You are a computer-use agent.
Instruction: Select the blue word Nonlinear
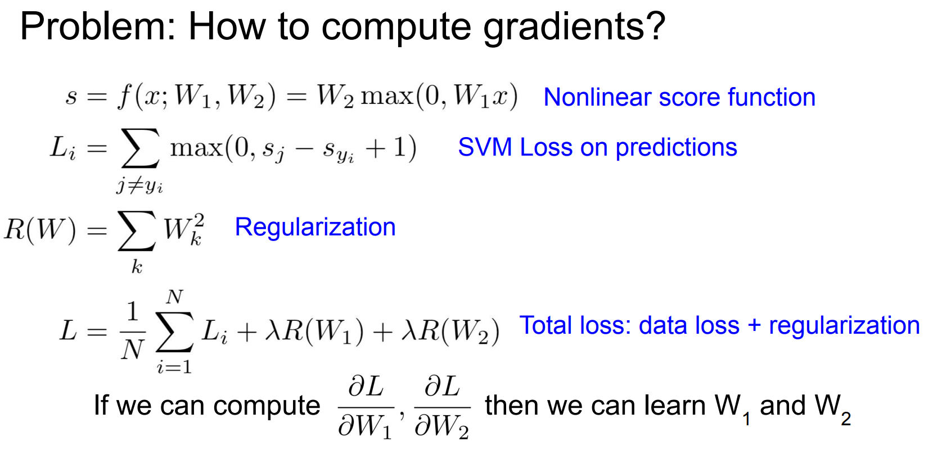point(597,97)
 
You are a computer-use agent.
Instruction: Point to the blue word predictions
point(676,148)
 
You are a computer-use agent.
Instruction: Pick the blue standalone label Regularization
point(315,228)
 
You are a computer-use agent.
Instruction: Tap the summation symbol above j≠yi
point(140,148)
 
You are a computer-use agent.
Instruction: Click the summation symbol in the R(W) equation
point(137,231)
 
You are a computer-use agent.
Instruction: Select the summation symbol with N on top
point(174,331)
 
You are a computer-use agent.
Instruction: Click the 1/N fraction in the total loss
point(133,331)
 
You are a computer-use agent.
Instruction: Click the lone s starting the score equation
point(71,97)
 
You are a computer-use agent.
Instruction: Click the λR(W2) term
point(450,331)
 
